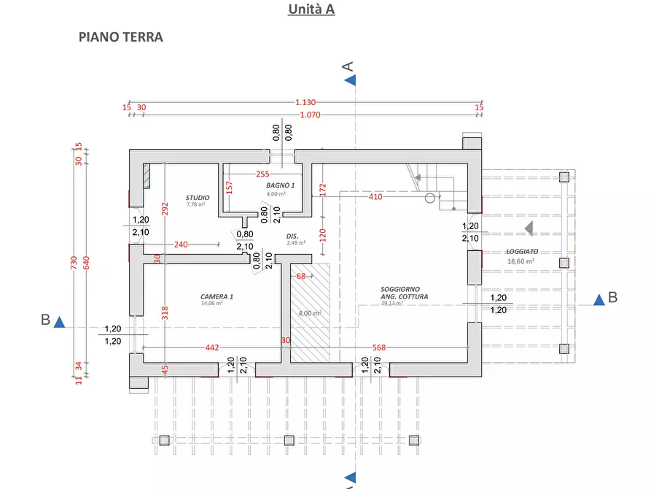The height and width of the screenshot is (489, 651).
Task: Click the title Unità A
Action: (x=311, y=9)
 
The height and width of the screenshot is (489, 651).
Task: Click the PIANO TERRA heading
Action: (x=120, y=37)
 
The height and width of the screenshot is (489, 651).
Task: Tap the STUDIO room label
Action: (x=198, y=198)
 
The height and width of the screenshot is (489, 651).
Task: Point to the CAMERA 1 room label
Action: (x=217, y=296)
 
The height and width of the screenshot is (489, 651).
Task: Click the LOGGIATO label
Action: (x=522, y=251)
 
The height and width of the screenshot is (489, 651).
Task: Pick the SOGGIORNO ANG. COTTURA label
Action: (x=404, y=293)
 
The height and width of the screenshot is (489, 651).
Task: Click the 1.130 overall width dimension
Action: (x=306, y=102)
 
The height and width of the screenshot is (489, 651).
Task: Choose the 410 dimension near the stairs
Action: (x=375, y=196)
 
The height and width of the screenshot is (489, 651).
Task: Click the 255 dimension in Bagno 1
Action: (x=262, y=174)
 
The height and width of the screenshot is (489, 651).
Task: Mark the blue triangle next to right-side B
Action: (x=599, y=299)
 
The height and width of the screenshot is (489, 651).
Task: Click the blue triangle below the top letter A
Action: (x=351, y=80)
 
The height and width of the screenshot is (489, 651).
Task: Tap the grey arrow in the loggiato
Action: (x=530, y=228)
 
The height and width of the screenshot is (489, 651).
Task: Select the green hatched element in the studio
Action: (x=146, y=176)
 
